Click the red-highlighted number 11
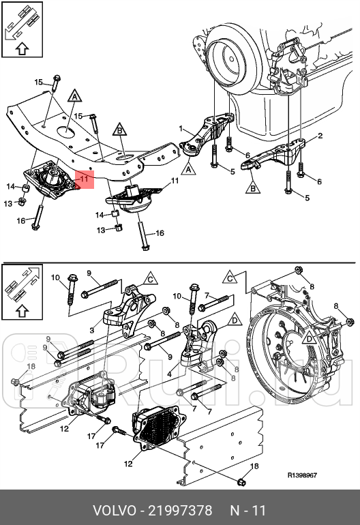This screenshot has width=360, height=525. pos(84,179)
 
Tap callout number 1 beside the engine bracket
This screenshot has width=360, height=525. pos(181,128)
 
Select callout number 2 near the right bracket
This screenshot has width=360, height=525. pos(320,136)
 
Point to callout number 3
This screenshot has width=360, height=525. pos(92,330)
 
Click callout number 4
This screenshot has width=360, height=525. pos(170,374)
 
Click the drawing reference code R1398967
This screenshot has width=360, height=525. pos(302,475)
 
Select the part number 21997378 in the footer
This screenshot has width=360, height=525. pos(180,511)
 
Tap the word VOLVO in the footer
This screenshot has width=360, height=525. pos(114,511)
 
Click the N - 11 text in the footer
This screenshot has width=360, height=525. pos(247,511)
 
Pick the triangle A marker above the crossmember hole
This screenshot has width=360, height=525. pos(74,95)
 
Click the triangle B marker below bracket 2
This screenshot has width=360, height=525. pos(253,187)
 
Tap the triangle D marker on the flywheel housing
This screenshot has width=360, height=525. pos(309,338)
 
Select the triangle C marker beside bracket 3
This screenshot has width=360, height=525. pos(151,278)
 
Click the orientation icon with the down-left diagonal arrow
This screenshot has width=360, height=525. pos(22,29)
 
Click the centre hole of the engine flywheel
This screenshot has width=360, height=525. pos(232,59)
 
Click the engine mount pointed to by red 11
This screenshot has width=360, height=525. pos(51,180)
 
